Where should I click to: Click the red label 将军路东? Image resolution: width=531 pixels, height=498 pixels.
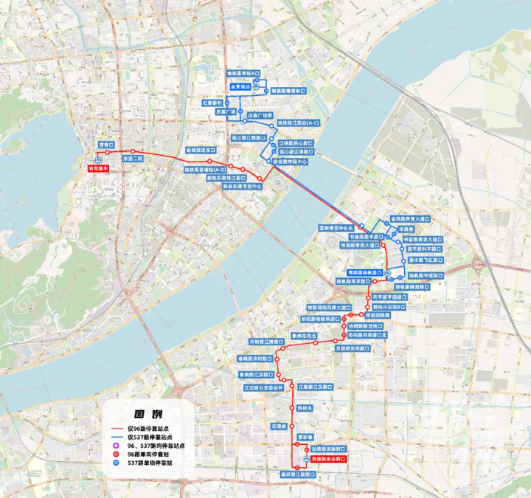pyautogui.click(x=98, y=169)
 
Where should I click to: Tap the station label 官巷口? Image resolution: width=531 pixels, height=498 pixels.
pyautogui.click(x=106, y=145)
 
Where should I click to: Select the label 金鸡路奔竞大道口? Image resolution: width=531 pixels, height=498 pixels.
pyautogui.click(x=409, y=219)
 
